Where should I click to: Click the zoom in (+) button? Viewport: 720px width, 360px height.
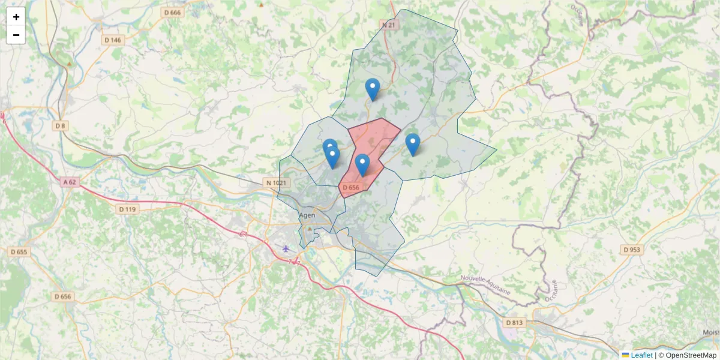(16, 17)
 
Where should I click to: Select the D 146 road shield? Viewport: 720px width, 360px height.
(112, 40)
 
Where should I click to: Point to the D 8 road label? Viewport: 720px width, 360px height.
(60, 125)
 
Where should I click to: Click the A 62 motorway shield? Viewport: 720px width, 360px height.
(70, 181)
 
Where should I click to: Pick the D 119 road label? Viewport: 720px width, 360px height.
(128, 209)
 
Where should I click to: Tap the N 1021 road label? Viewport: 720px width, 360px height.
(276, 182)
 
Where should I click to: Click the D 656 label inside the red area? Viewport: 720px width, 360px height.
(351, 188)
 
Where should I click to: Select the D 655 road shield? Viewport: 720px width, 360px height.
(19, 252)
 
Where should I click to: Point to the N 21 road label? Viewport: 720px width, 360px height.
(389, 25)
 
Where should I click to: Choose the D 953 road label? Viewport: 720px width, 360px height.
(632, 249)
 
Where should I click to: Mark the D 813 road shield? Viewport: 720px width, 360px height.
(514, 322)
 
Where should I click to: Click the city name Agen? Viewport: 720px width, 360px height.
(307, 215)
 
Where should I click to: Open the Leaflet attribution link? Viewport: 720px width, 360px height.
(641, 355)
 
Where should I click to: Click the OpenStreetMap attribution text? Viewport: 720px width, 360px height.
(691, 355)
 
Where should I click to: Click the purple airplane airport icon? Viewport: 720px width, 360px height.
(286, 248)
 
